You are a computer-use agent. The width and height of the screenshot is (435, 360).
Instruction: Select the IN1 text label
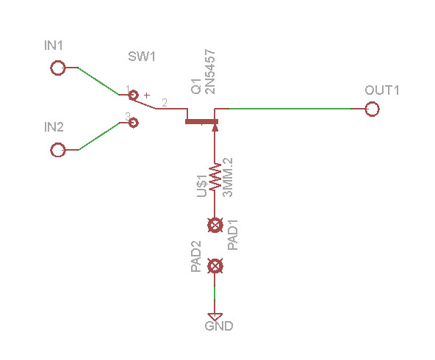[54, 46]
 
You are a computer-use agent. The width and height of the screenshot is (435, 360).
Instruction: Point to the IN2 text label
[54, 127]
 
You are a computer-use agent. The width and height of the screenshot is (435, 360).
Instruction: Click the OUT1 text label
[382, 90]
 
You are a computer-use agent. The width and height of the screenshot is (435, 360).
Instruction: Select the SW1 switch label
[142, 57]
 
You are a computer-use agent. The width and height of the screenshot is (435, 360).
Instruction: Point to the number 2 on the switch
[165, 103]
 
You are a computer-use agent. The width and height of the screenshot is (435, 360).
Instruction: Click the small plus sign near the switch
[147, 96]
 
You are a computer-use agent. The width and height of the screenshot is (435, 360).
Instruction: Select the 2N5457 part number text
[209, 72]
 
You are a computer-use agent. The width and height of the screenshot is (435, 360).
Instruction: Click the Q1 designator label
[196, 86]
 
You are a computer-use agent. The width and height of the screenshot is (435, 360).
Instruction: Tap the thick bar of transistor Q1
[201, 121]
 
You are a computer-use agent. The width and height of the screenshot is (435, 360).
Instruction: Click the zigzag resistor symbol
[215, 177]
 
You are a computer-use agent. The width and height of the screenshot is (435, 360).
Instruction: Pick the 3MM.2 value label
[228, 178]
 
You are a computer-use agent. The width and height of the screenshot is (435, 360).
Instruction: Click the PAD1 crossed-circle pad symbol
[215, 225]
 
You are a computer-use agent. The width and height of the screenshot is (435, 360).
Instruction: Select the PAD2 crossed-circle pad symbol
[215, 266]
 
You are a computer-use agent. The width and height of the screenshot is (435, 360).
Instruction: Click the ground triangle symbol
[215, 317]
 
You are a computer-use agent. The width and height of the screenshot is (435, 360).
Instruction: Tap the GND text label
[219, 326]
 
